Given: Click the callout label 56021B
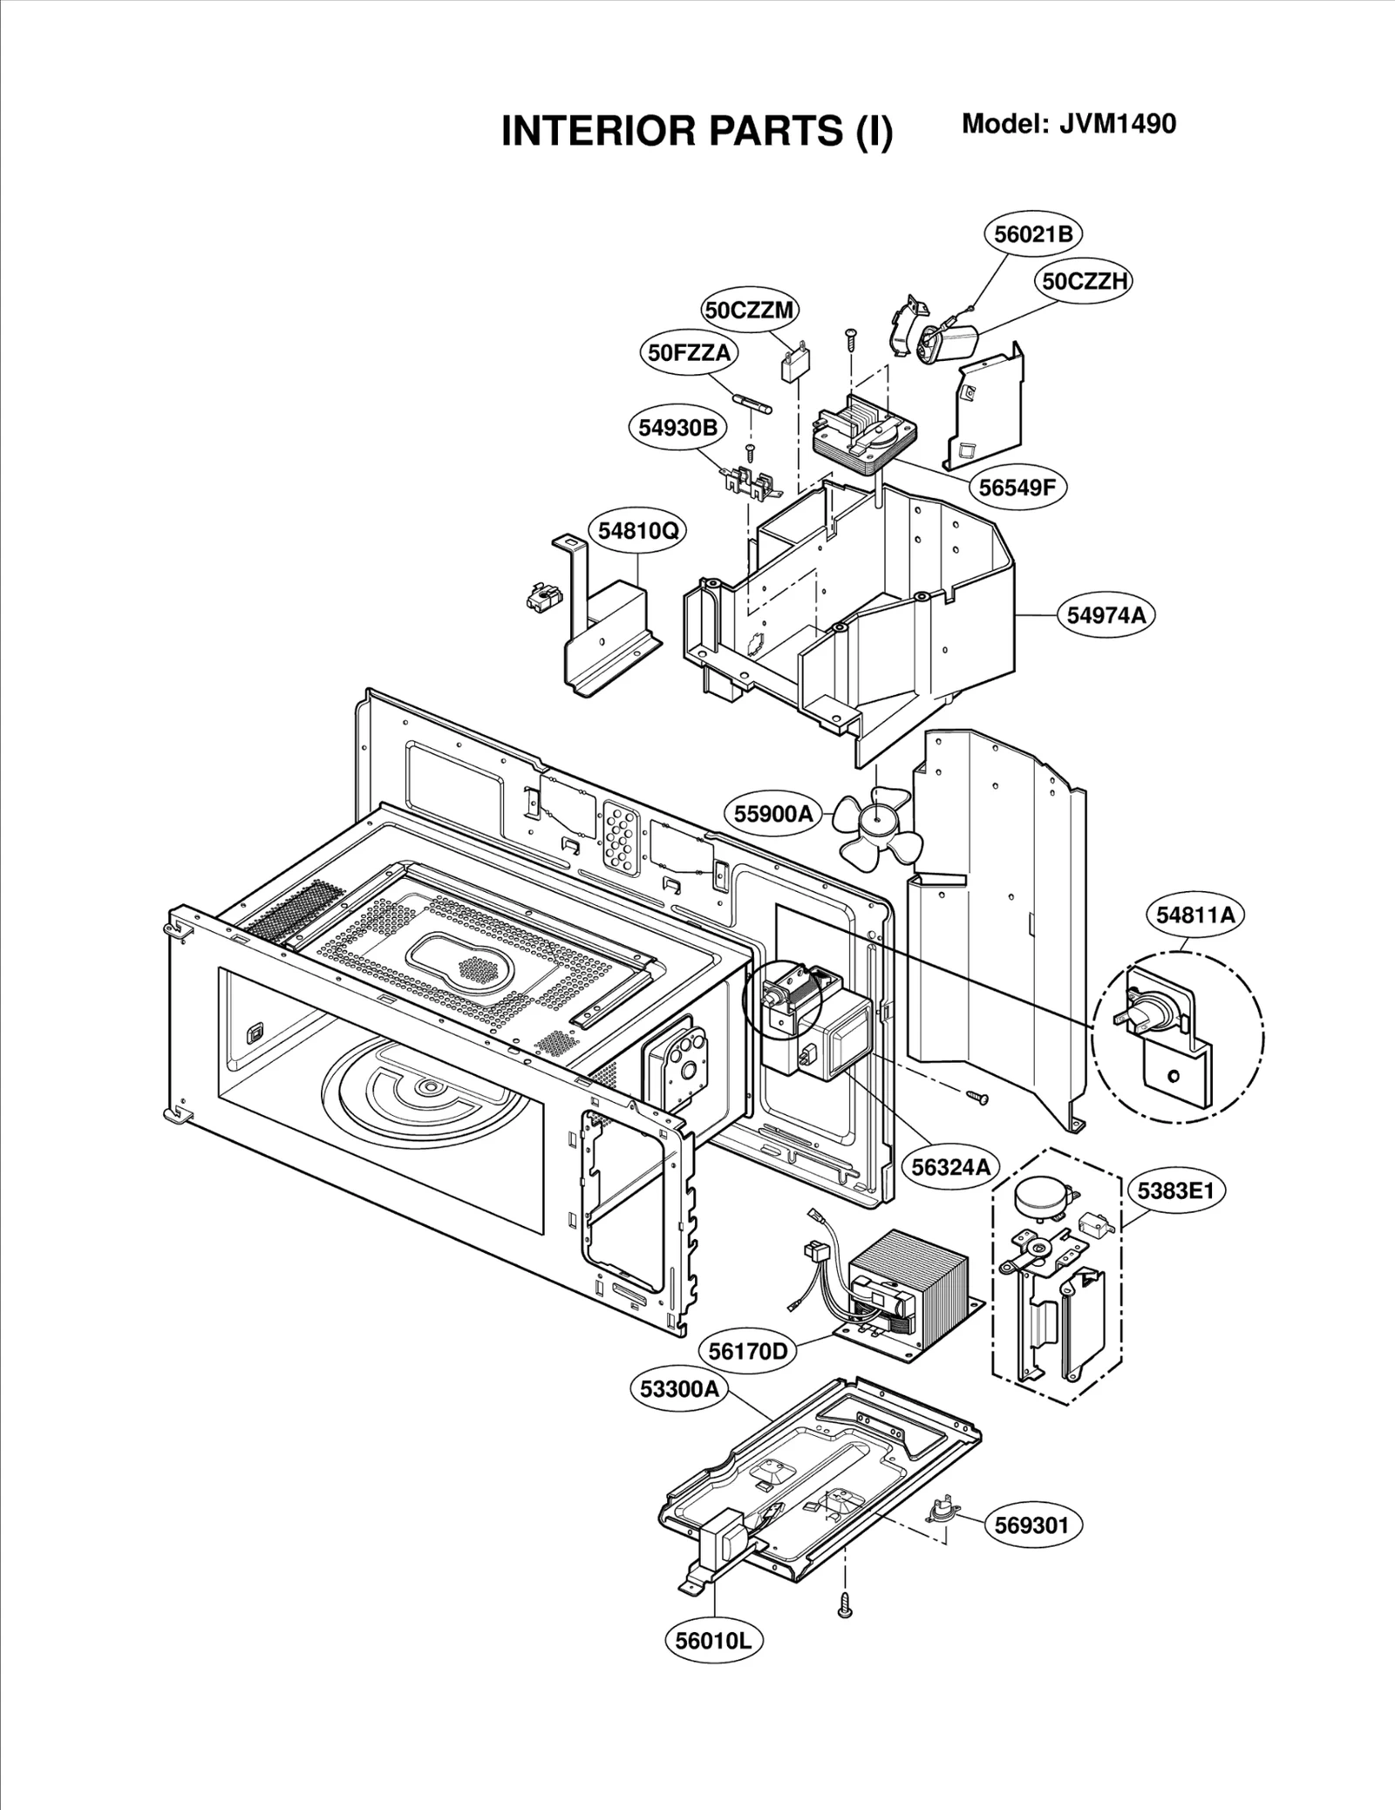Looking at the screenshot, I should tap(1033, 234).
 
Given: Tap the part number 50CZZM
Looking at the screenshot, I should tap(750, 310).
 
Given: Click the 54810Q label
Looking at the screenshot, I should tap(638, 530).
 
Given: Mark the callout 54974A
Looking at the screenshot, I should tap(1106, 615).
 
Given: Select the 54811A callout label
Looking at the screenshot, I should tap(1195, 915).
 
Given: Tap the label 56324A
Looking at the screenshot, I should tap(949, 1167).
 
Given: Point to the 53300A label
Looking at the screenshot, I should tap(678, 1413).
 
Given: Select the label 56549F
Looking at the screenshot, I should tap(1016, 487).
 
